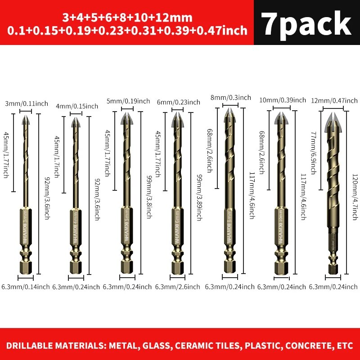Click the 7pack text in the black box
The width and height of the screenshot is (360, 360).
306,23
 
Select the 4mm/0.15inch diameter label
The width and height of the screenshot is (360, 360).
77,106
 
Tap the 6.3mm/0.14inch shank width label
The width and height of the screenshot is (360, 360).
25,287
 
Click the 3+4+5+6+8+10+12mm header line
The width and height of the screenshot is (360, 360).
127,18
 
